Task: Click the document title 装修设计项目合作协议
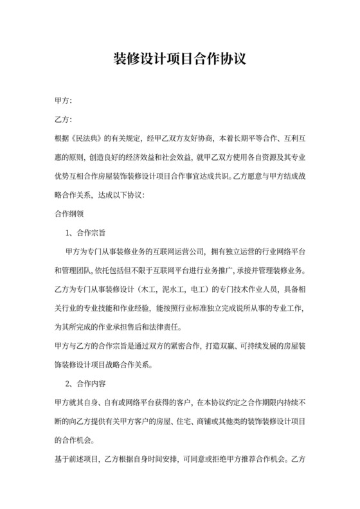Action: [179, 60]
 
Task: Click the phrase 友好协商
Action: [198, 138]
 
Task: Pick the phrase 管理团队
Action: [78, 269]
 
